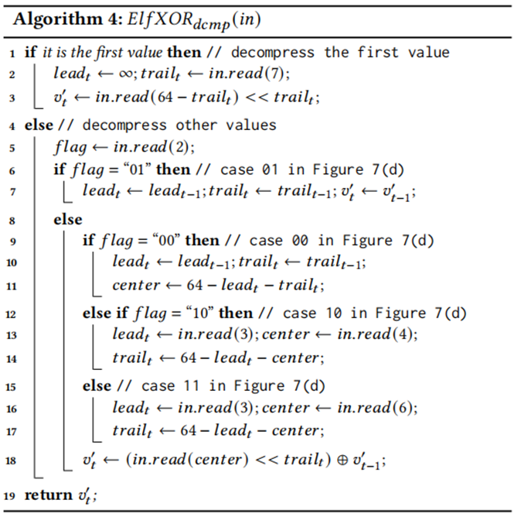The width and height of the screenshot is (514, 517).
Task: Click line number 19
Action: pos(10,495)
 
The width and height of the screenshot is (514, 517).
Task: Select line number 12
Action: pos(10,313)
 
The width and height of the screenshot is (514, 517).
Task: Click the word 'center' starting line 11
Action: pos(136,286)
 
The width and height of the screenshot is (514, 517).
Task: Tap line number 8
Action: pos(10,220)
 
